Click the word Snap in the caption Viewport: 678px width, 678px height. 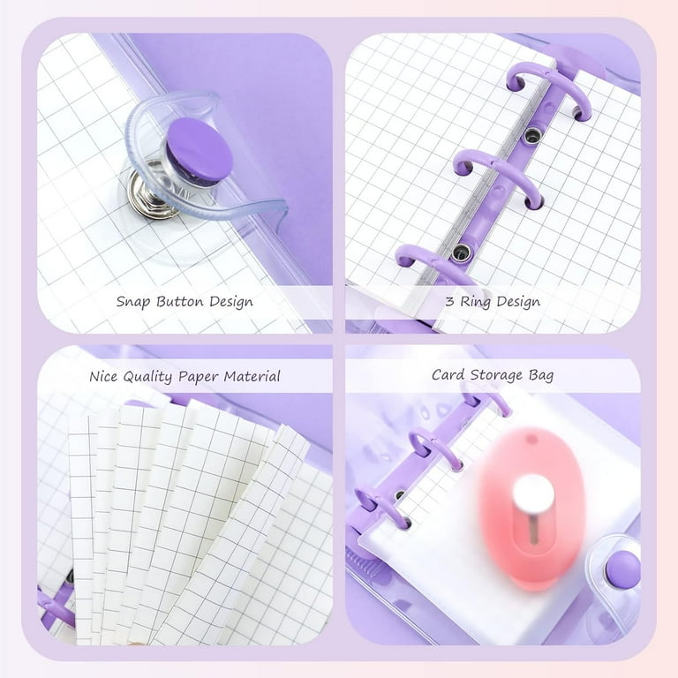click(x=134, y=302)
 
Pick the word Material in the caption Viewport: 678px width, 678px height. click(x=252, y=376)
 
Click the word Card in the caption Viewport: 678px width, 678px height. click(x=447, y=375)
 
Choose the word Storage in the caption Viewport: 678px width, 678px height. click(x=495, y=375)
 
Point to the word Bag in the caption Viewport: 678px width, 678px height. click(x=541, y=375)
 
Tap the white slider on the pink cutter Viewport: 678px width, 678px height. click(x=534, y=494)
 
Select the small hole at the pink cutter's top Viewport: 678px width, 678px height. click(x=532, y=439)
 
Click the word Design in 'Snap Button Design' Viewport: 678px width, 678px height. click(x=231, y=302)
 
